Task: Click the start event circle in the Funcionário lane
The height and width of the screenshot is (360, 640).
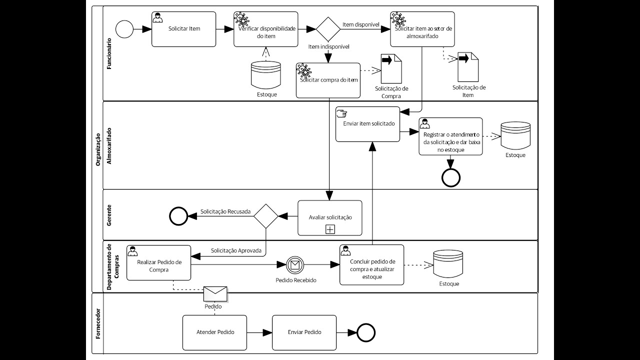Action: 124,29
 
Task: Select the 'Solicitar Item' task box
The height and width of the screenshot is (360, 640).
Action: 184,29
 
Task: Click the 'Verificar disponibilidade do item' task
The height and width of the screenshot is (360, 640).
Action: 266,29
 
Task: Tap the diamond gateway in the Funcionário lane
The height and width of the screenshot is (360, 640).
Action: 328,29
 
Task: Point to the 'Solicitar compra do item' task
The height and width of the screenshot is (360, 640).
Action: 328,80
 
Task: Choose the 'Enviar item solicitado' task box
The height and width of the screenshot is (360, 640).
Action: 368,123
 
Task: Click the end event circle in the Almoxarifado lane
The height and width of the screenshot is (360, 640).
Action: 451,177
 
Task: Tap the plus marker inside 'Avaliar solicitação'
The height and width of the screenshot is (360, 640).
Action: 330,229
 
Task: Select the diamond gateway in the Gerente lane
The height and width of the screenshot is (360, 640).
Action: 265,216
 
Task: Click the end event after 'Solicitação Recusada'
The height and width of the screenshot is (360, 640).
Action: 177,216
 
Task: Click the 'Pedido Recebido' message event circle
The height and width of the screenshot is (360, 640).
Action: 295,264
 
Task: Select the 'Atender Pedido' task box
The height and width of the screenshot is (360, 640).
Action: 214,332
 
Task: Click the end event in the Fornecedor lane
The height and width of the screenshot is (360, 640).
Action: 366,332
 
